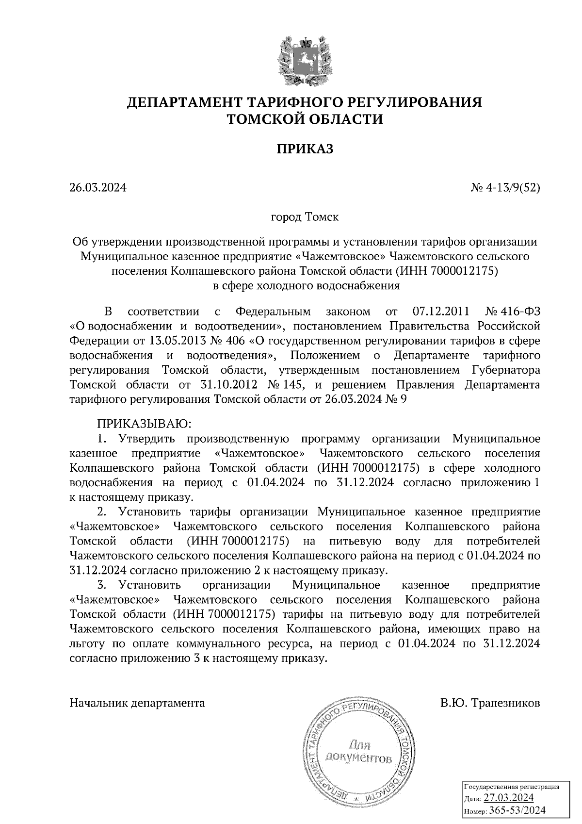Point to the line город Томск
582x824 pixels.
(305, 216)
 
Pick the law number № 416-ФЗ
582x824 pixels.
(512, 311)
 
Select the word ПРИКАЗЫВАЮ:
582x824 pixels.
(145, 424)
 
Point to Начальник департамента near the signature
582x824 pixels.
(137, 703)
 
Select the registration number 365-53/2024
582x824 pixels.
(517, 810)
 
